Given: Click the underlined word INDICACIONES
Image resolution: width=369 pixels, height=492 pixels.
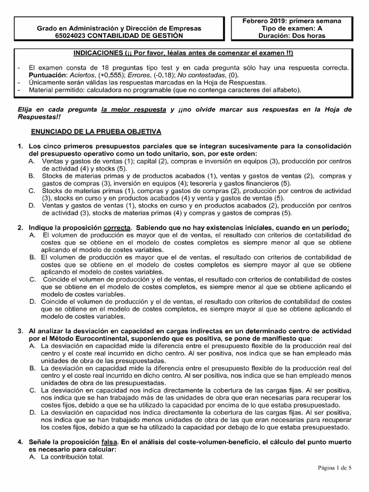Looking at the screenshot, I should (x=100, y=52).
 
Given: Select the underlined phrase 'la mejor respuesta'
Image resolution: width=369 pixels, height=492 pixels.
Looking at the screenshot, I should (x=133, y=110).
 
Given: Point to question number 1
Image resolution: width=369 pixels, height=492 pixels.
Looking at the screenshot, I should (x=20, y=146).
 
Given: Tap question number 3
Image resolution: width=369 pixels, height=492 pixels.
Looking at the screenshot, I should (x=20, y=332).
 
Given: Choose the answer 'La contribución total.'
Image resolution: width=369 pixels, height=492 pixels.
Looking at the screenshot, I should (x=73, y=457).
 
